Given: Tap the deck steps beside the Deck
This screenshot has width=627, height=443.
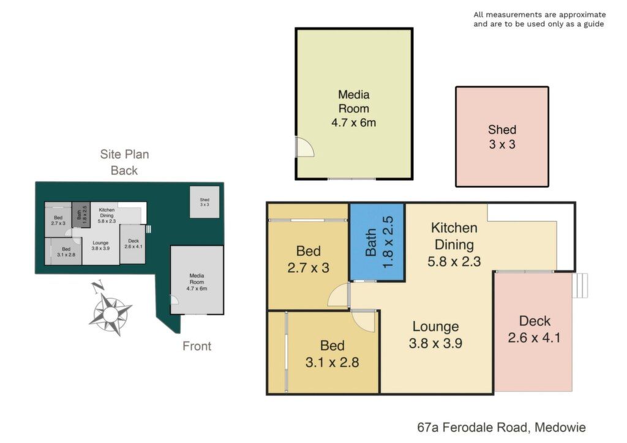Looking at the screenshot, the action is point(580,285).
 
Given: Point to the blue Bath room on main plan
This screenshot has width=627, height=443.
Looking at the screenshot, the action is point(377,242).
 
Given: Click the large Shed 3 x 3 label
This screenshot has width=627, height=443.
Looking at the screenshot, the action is point(502,137).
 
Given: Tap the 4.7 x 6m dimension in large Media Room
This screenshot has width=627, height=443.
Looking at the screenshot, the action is point(354,122).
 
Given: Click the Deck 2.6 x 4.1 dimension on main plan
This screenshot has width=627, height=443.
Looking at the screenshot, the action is point(534,338).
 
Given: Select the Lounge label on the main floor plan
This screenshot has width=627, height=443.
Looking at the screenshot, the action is point(435,326).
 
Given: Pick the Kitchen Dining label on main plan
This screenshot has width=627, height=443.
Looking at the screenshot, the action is point(454,236).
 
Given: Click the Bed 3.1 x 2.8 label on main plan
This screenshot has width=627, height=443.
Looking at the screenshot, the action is point(332,354).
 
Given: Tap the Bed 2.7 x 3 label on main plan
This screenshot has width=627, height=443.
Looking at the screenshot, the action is point(309,259).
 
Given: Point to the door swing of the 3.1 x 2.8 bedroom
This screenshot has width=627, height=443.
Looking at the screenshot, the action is point(364,321).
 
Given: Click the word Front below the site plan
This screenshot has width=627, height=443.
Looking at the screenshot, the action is point(197,346).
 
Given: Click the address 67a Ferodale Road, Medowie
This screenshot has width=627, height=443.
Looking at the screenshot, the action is point(501,428).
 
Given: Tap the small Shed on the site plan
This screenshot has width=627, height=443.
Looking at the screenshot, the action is point(205,202).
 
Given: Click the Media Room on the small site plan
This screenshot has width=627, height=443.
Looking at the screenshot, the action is point(197,280).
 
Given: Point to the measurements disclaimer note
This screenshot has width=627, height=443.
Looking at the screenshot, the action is point(539,19).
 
